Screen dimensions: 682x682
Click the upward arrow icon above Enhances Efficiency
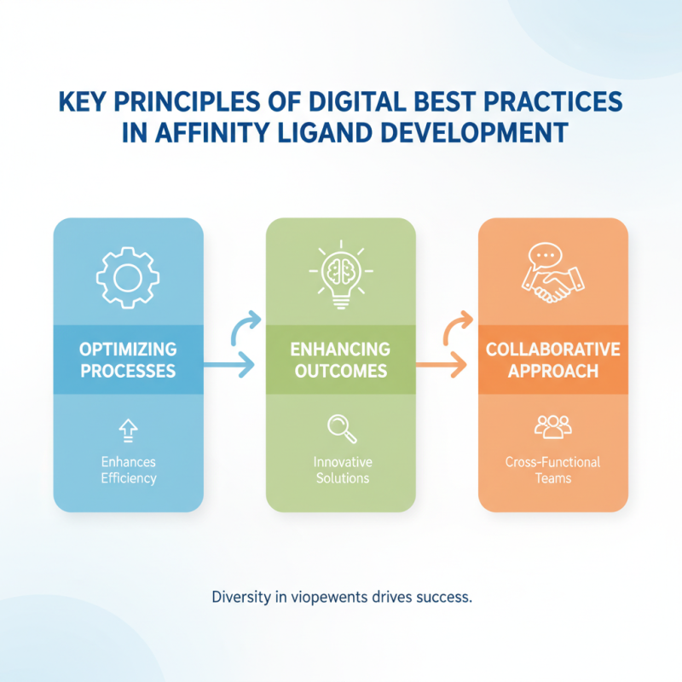tap(128, 429)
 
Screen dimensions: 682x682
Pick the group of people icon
tap(552, 426)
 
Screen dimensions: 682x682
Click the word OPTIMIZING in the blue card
tap(128, 350)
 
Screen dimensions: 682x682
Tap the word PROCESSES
tap(128, 372)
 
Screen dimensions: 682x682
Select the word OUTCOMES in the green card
tap(341, 372)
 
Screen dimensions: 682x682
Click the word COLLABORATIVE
tap(553, 350)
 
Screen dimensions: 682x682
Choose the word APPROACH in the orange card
tap(553, 372)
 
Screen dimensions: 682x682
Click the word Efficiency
tap(128, 478)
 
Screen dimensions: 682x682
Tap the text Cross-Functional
tap(553, 462)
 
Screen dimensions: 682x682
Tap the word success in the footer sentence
tap(441, 598)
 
